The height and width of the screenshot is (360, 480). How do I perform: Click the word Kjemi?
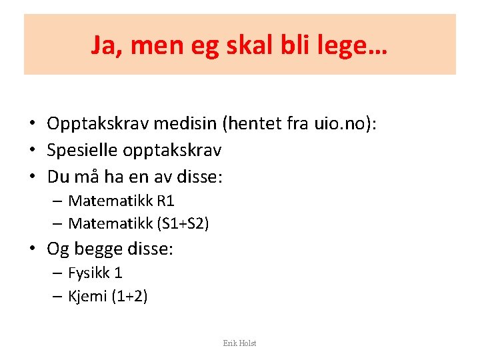[x=88, y=296]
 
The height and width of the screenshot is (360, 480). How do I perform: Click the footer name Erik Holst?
[x=239, y=343]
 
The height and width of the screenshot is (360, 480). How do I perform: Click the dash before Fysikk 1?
[x=58, y=273]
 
